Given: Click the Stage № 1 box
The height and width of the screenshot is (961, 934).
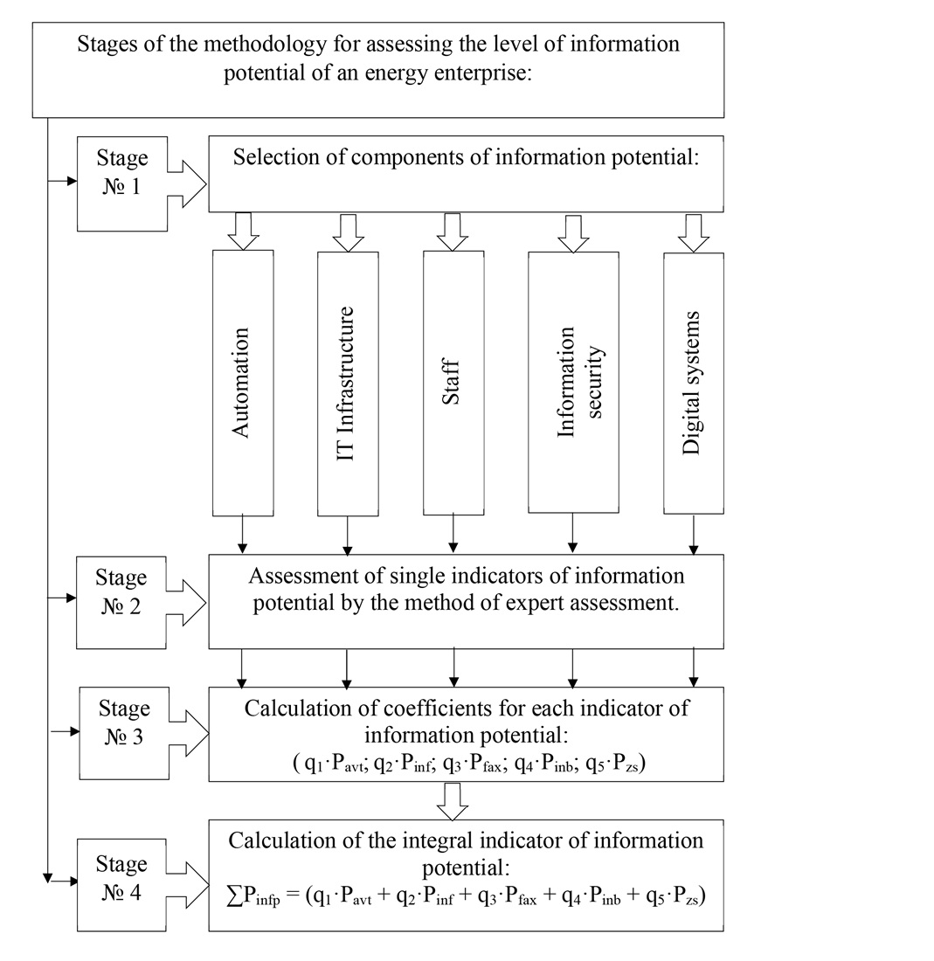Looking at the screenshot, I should tap(121, 183).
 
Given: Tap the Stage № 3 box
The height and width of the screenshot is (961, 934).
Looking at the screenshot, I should tap(123, 732).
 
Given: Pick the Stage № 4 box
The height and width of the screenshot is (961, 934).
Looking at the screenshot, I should tap(121, 883).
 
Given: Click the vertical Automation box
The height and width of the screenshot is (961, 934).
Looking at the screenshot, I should tap(243, 383).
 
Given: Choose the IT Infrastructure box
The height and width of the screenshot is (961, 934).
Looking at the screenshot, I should tap(347, 383).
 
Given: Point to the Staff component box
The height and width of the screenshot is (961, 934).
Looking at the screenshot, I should tap(453, 383).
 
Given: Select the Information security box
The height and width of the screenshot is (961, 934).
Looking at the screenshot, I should tap(573, 383).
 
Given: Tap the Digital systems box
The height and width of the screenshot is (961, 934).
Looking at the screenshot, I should tap(694, 383).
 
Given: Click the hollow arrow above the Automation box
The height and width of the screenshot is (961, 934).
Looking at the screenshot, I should tap(243, 231).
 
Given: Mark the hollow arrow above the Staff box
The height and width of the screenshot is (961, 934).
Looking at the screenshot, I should tap(453, 231).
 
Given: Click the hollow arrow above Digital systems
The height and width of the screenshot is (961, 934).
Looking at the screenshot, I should tap(694, 232).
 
